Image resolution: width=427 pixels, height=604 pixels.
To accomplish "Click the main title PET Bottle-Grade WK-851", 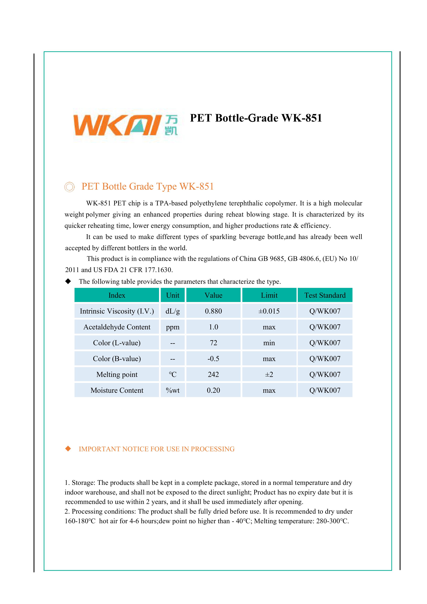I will click(x=256, y=118).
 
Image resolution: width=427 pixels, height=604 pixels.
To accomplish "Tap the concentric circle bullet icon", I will click(x=69, y=187).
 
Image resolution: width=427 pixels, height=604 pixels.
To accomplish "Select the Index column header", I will click(x=117, y=295).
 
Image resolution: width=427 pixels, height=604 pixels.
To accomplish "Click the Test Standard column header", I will click(x=325, y=295).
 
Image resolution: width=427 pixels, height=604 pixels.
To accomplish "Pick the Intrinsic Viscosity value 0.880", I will click(x=213, y=311).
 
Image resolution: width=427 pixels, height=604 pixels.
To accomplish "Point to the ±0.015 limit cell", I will click(x=269, y=311).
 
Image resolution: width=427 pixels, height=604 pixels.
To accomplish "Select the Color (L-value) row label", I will click(x=117, y=343).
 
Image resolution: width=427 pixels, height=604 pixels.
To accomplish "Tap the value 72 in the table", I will click(x=213, y=343).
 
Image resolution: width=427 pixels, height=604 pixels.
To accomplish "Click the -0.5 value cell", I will click(x=213, y=358).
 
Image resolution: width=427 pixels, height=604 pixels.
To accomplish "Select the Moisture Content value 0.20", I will click(x=213, y=390).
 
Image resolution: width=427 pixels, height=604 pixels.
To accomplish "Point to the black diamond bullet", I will click(x=68, y=281).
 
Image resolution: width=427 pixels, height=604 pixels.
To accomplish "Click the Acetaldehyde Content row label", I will click(x=117, y=327).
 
